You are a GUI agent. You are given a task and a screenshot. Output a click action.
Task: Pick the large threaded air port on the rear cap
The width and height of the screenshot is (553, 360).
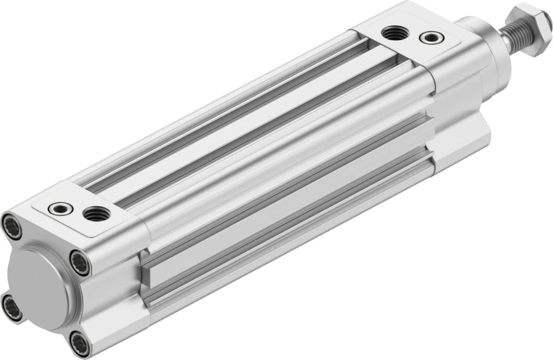point(97,213)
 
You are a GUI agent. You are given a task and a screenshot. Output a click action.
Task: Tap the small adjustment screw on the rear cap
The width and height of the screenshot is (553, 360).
point(60,208)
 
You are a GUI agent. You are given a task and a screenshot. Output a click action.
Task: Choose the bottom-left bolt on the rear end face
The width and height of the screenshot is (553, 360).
point(12,308)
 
